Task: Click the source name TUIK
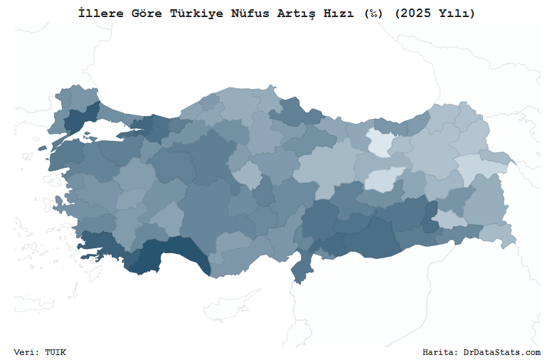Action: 55,352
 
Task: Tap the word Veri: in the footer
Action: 26,352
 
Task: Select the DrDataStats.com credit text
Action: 502,352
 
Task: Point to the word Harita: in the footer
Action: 440,352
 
